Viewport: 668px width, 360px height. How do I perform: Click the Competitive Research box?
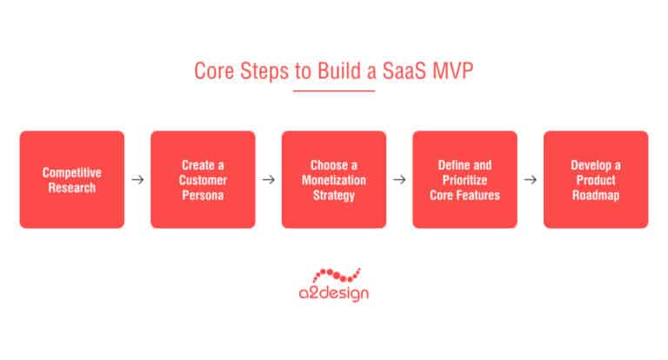tap(72, 179)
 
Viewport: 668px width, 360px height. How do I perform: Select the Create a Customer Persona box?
tap(203, 179)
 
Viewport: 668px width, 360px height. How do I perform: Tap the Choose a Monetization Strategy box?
tap(334, 179)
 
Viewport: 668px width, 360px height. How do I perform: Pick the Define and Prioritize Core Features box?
tap(464, 179)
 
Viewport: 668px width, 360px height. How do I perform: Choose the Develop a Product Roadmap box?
tap(596, 179)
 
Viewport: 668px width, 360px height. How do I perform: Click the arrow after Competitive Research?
tap(137, 180)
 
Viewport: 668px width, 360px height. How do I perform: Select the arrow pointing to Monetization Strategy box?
tap(268, 180)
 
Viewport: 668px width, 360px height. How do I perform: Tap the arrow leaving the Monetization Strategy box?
tap(399, 180)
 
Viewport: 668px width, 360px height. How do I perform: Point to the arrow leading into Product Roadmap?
tap(530, 180)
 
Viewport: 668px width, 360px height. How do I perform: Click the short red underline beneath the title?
tap(334, 90)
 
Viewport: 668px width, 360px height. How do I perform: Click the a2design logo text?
tap(334, 294)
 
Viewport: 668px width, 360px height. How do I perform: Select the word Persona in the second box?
tap(203, 195)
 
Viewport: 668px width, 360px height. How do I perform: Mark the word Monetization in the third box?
tap(334, 179)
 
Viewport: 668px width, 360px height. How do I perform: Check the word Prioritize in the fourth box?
tap(464, 179)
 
